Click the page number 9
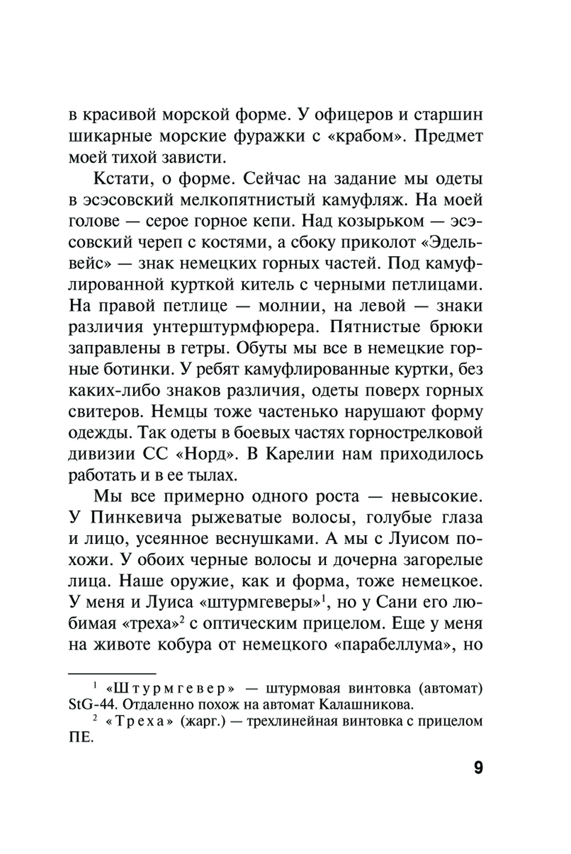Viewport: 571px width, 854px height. click(x=478, y=767)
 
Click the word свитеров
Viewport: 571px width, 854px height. click(x=103, y=411)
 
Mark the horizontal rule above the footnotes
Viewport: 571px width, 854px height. click(x=112, y=674)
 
